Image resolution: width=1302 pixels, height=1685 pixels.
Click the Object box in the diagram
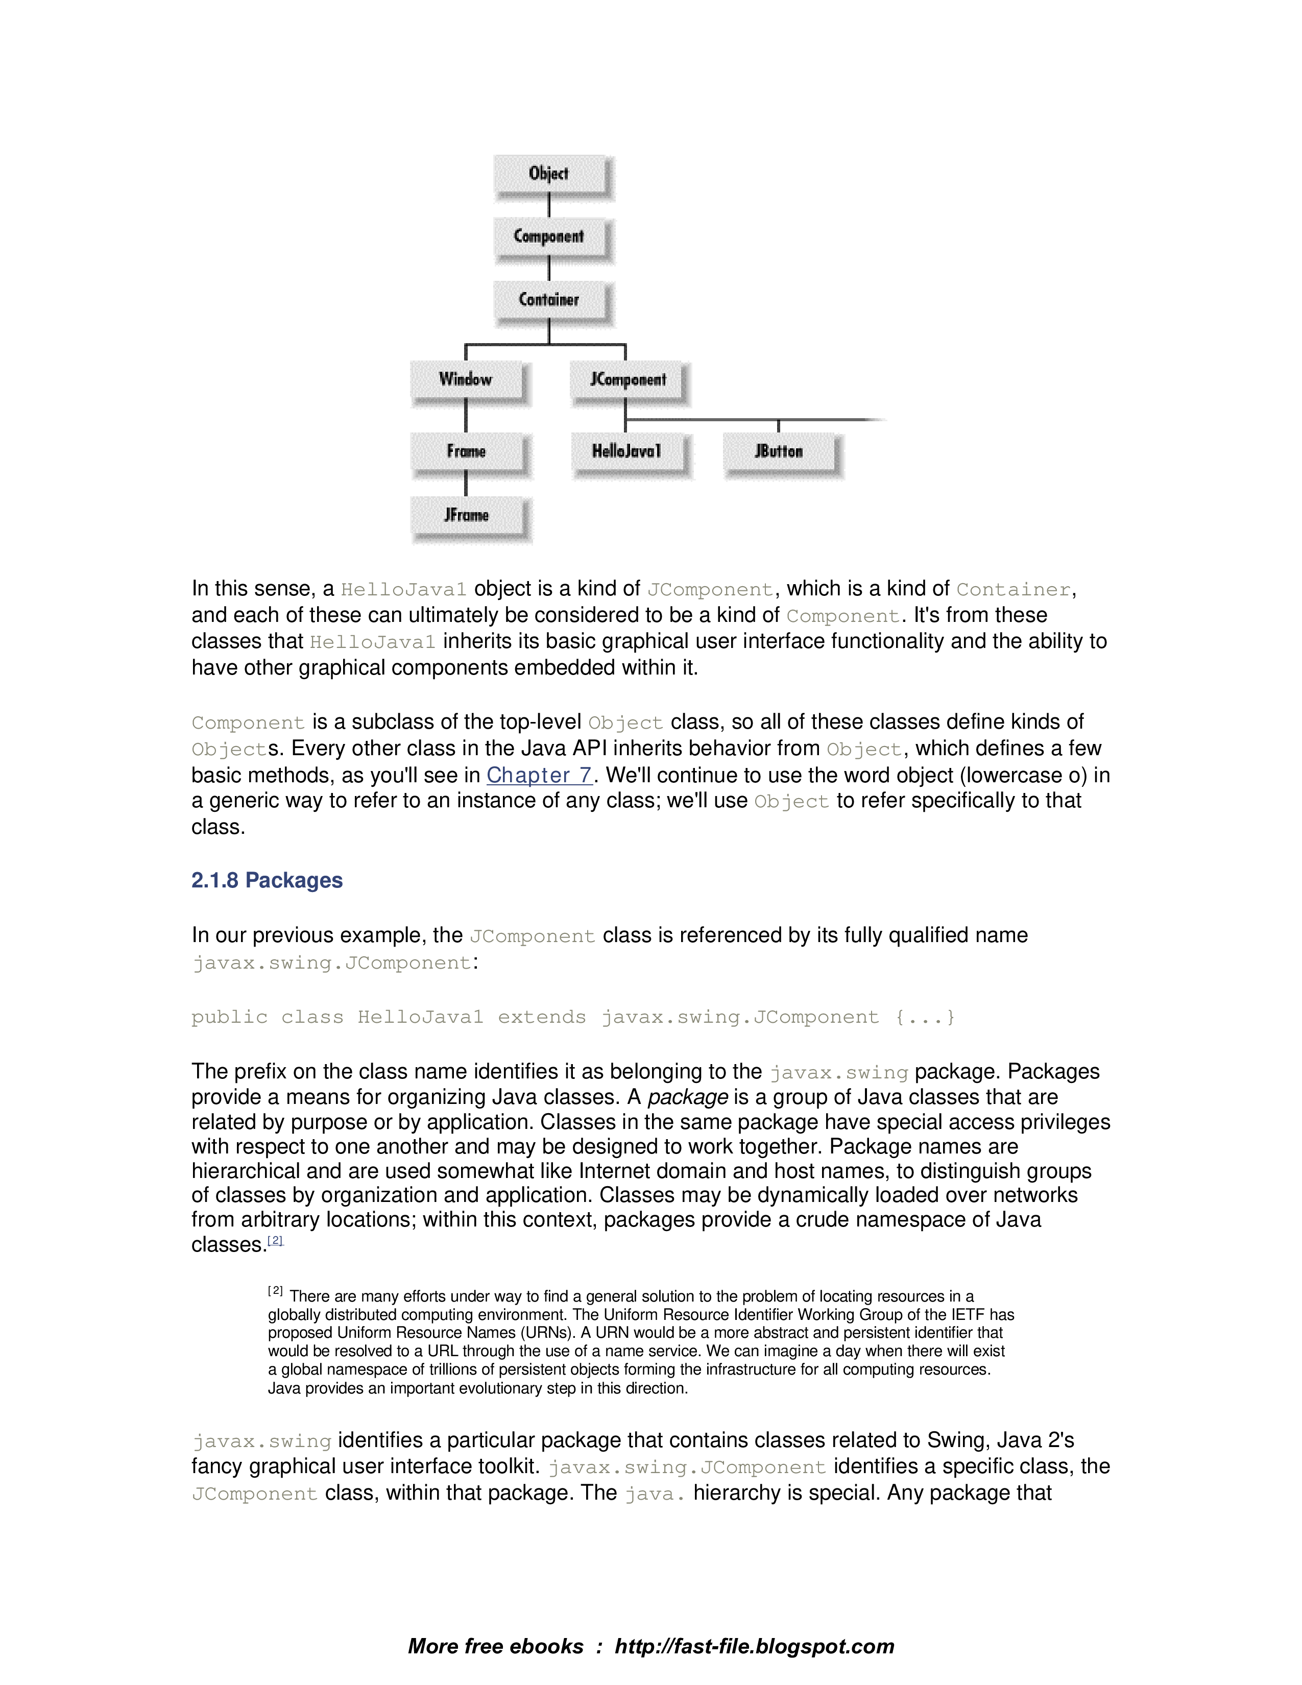pyautogui.click(x=549, y=174)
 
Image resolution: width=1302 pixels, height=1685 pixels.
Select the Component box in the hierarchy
pyautogui.click(x=549, y=237)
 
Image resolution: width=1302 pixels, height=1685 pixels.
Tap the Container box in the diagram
pyautogui.click(x=549, y=300)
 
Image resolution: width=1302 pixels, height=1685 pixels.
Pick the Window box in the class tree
pyautogui.click(x=466, y=379)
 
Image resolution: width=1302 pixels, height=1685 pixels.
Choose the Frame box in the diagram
pyautogui.click(x=466, y=451)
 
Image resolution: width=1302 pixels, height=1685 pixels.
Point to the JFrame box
pyautogui.click(x=466, y=515)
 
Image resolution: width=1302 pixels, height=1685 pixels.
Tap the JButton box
pyautogui.click(x=779, y=451)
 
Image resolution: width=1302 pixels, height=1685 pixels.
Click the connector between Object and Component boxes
pyautogui.click(x=549, y=205)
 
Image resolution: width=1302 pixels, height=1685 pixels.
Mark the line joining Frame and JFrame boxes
pyautogui.click(x=466, y=483)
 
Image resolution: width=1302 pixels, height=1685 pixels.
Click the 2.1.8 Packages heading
pyautogui.click(x=267, y=880)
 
